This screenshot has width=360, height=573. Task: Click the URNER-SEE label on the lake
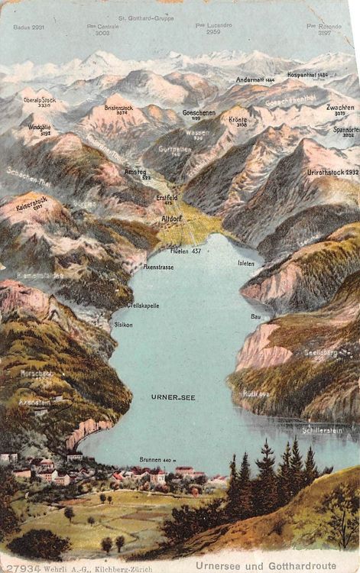(174, 397)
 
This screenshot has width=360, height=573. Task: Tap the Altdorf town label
(171, 219)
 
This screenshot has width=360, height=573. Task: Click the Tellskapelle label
(143, 306)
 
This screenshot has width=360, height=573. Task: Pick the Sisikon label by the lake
(123, 325)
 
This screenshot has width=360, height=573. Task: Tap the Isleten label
(247, 262)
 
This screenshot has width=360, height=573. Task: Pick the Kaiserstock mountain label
(31, 200)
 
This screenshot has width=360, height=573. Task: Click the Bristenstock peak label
(119, 108)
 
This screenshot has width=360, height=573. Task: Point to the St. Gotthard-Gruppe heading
(147, 17)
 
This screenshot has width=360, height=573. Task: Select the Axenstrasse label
(158, 267)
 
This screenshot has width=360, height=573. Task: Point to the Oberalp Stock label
(40, 100)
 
